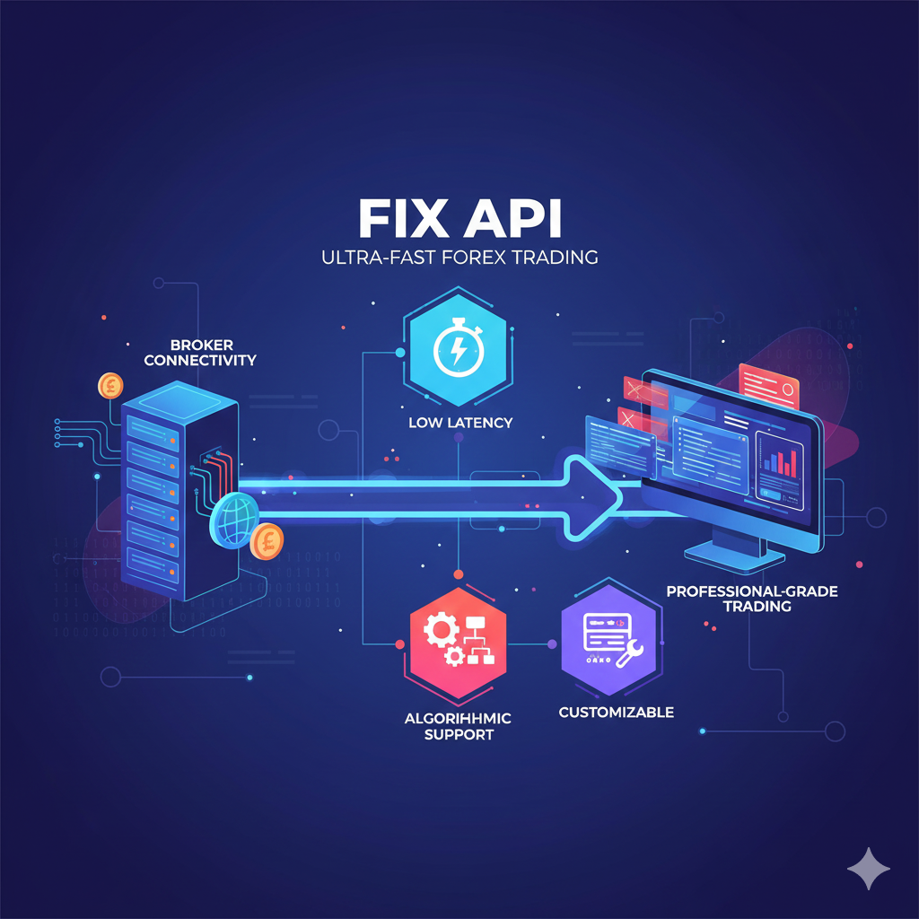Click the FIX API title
pyautogui.click(x=459, y=220)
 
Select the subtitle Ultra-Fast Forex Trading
pyautogui.click(x=459, y=258)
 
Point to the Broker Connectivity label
pyautogui.click(x=200, y=353)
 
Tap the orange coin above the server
pyautogui.click(x=111, y=386)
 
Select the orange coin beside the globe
pyautogui.click(x=267, y=542)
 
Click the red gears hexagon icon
pyautogui.click(x=456, y=641)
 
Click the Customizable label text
pyautogui.click(x=616, y=713)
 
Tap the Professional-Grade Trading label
pyautogui.click(x=729, y=599)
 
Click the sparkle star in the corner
pyautogui.click(x=869, y=870)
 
